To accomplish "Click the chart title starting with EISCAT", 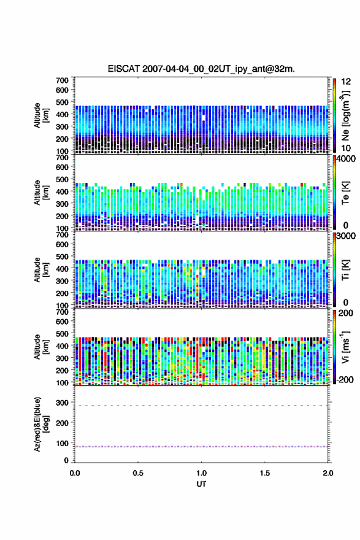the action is coord(201,69).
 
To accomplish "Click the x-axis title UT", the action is coord(201,484).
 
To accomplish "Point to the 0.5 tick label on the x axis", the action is coord(138,473).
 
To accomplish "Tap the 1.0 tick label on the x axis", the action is coord(201,473).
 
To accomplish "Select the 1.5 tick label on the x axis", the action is coord(265,473).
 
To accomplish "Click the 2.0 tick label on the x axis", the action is coord(328,473).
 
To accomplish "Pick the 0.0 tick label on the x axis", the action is coord(75,473).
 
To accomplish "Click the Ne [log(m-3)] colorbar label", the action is coord(345,115).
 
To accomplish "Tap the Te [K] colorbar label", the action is coord(345,193).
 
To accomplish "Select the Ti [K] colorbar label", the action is coord(345,270).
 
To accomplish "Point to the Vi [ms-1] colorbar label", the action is coord(345,347).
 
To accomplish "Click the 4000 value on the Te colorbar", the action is coord(346,159).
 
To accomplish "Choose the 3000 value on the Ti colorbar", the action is coord(346,236).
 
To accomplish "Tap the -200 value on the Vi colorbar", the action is coord(345,379).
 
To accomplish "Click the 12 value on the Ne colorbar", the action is coord(346,82).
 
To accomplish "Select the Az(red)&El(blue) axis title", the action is coord(41,424).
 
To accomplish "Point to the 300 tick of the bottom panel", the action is coord(63,403).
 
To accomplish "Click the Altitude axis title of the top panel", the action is coord(41,115).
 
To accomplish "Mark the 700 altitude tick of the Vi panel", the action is coord(63,312).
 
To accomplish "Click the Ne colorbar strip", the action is coord(334,115).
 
